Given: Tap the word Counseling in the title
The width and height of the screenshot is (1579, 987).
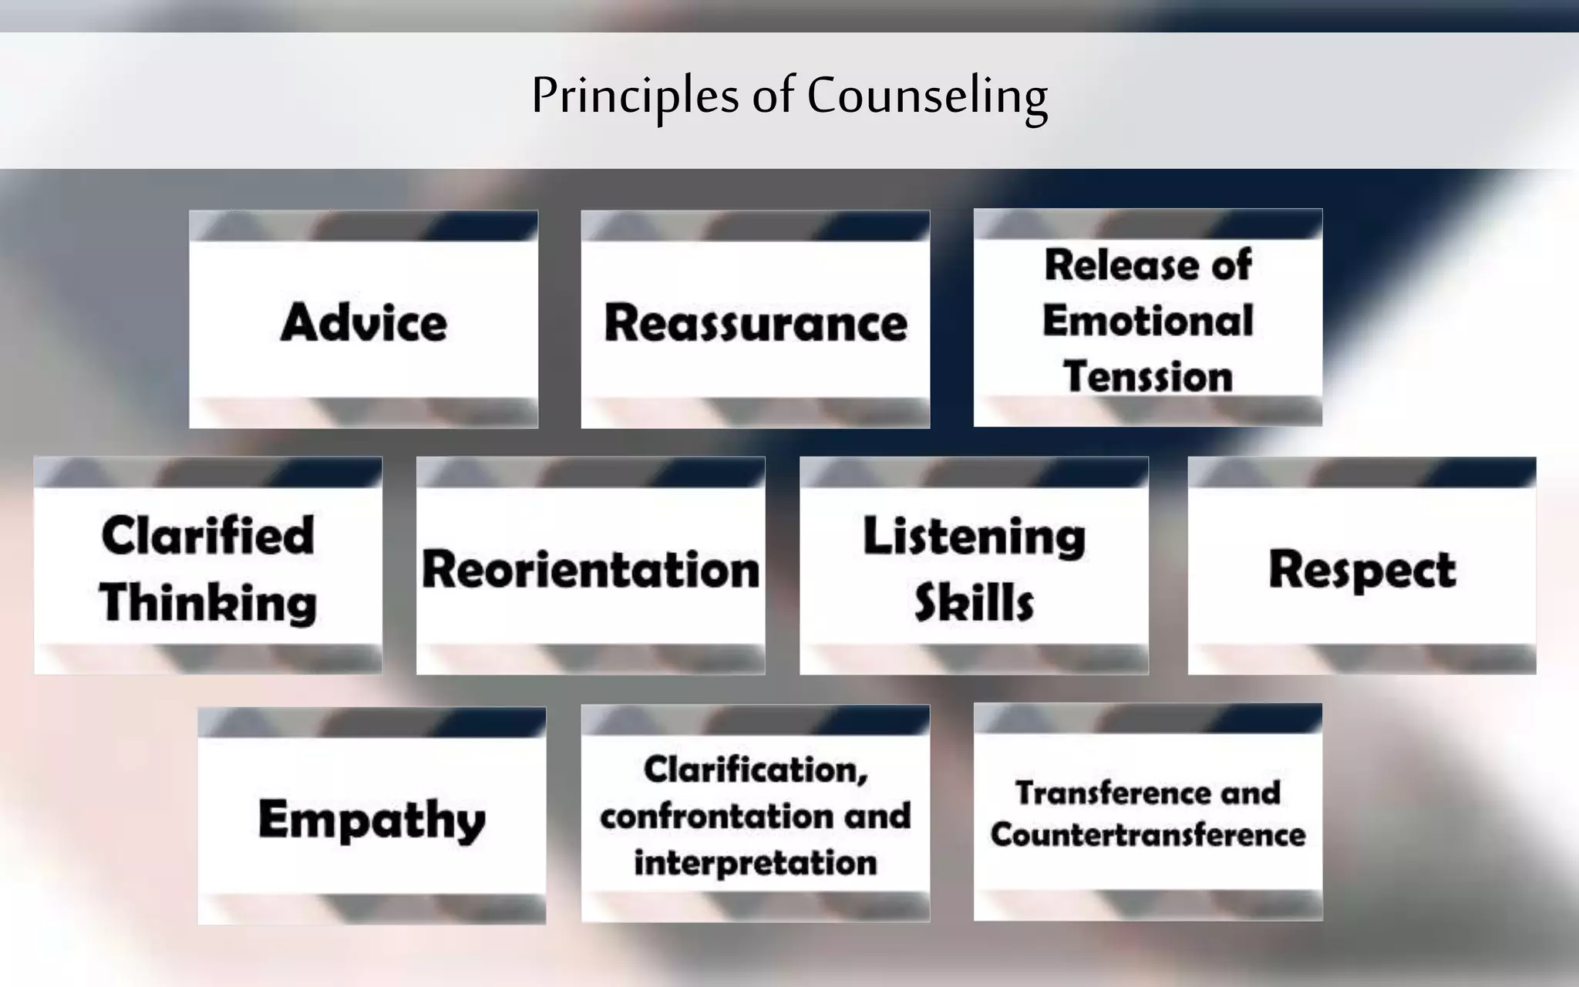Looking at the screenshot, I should click(927, 96).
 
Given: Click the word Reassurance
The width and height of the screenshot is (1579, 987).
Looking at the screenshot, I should click(756, 322).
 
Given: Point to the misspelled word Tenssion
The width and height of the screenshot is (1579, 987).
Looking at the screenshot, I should click(1147, 377).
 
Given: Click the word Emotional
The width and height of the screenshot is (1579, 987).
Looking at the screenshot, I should click(1147, 321).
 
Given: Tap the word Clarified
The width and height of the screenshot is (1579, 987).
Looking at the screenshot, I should click(208, 535).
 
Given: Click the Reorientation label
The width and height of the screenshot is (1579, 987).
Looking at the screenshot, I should click(591, 570).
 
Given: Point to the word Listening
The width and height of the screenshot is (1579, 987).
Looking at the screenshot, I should click(974, 537).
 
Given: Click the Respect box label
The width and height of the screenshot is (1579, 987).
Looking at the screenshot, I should click(1362, 570).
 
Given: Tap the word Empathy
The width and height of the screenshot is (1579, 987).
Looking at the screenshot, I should click(372, 820).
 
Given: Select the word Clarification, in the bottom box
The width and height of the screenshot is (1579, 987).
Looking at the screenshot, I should click(756, 770).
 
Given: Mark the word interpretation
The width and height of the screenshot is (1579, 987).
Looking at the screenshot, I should click(756, 863).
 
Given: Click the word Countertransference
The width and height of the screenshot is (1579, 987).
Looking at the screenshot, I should click(1147, 834).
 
